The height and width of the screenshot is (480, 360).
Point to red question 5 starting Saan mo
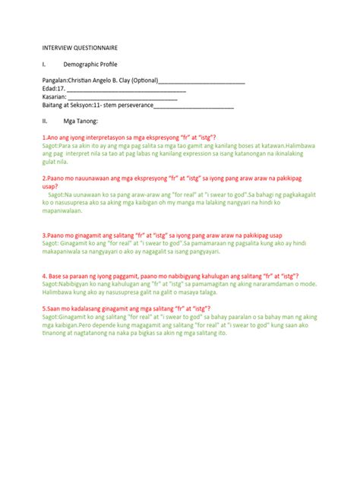[125, 308]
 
